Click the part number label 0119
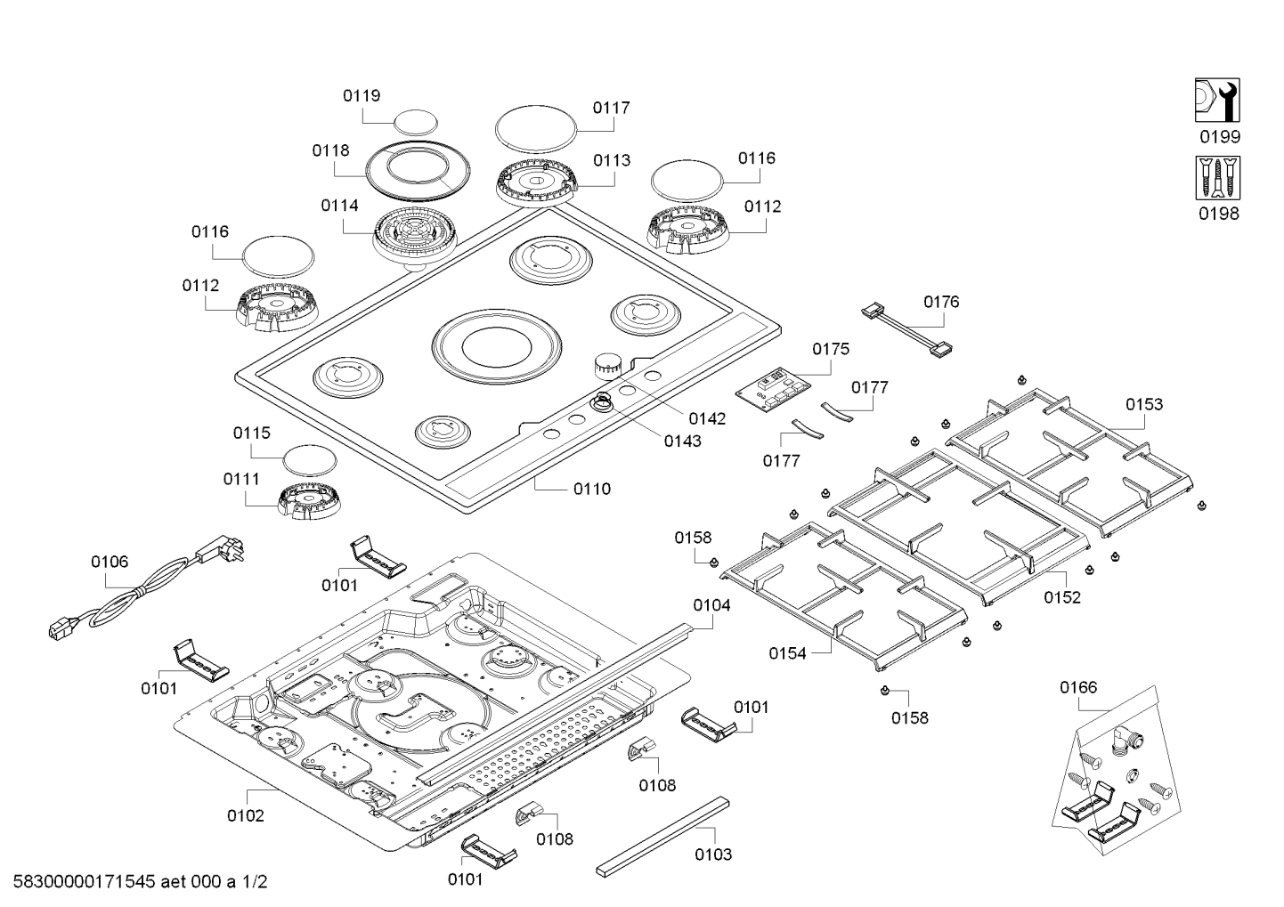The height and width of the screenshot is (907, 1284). (x=362, y=96)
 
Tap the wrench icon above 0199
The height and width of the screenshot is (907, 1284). (x=1216, y=100)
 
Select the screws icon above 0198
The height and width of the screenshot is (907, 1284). (x=1216, y=177)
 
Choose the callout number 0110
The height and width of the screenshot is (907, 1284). (x=592, y=489)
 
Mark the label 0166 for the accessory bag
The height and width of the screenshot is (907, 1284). (x=1078, y=687)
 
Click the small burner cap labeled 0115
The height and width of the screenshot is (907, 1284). (x=309, y=459)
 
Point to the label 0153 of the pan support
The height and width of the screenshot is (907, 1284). (x=1143, y=405)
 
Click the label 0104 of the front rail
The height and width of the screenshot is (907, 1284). (x=711, y=605)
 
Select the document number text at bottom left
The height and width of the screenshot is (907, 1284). (x=134, y=882)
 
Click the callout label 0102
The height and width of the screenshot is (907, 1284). (x=245, y=815)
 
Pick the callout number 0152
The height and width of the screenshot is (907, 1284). (x=1062, y=597)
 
